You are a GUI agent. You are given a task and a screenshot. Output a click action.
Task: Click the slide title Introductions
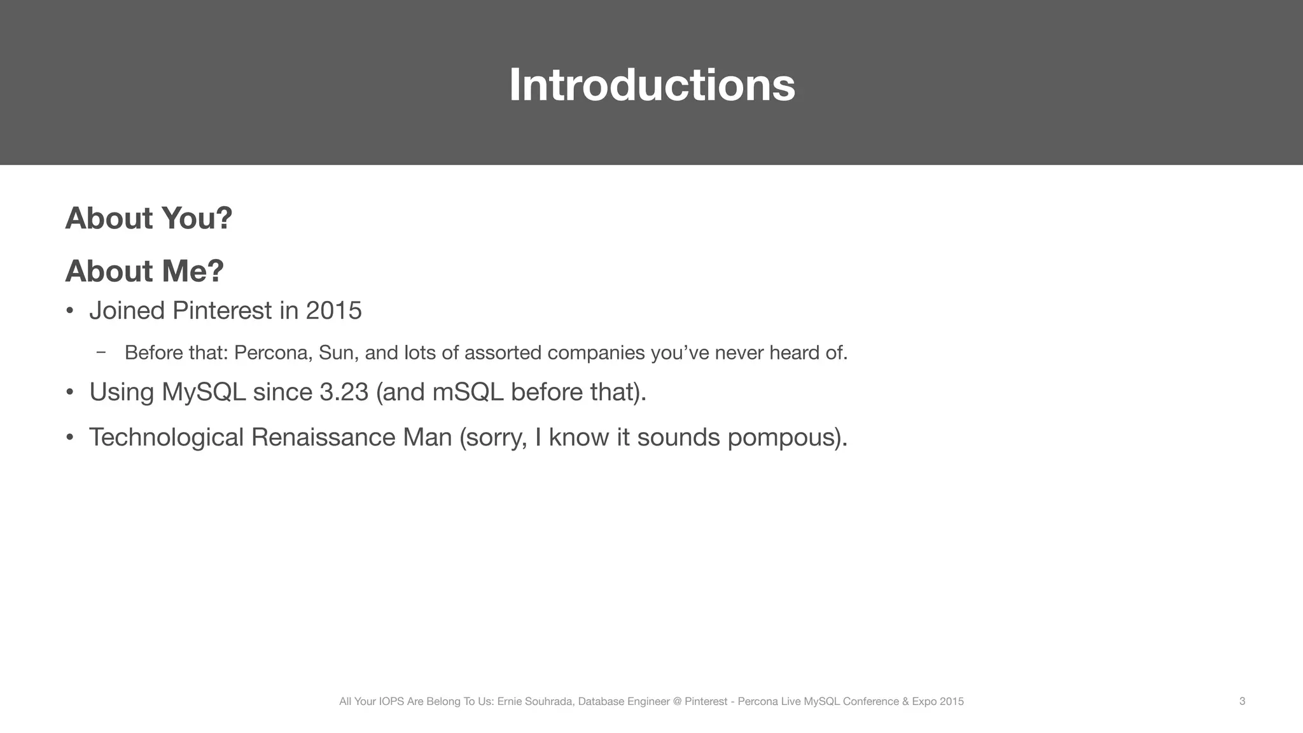tap(651, 85)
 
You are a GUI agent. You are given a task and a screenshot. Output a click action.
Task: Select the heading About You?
tap(149, 218)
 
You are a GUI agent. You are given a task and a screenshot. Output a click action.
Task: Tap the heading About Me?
tap(144, 271)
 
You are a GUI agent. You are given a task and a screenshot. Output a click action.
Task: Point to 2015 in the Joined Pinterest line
tap(333, 311)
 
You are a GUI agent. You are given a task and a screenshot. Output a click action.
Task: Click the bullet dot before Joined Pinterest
tap(70, 311)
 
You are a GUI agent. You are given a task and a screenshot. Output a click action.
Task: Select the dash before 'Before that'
tap(101, 352)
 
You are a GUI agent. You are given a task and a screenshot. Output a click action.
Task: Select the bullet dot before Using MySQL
tap(70, 393)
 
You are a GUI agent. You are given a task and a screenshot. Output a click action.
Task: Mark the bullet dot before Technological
tap(70, 438)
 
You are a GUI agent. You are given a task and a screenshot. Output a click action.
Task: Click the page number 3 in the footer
tap(1242, 701)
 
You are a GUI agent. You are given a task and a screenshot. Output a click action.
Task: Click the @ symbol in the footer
tap(677, 701)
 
